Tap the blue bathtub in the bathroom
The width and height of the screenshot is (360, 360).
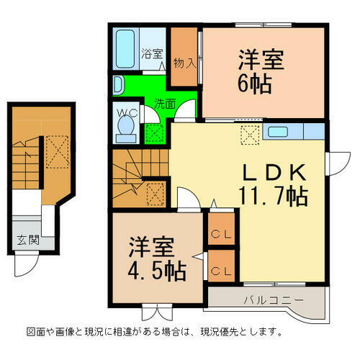tap(126, 48)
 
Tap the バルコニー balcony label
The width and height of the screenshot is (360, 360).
tap(268, 299)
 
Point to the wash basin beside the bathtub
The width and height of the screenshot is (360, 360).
tap(118, 84)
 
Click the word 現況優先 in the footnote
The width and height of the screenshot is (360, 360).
tap(225, 333)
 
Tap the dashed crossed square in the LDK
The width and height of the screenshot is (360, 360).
tap(249, 133)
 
